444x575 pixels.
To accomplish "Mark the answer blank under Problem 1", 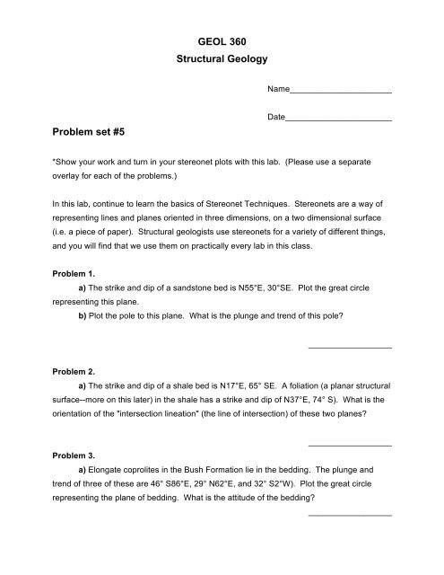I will click(x=349, y=347).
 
